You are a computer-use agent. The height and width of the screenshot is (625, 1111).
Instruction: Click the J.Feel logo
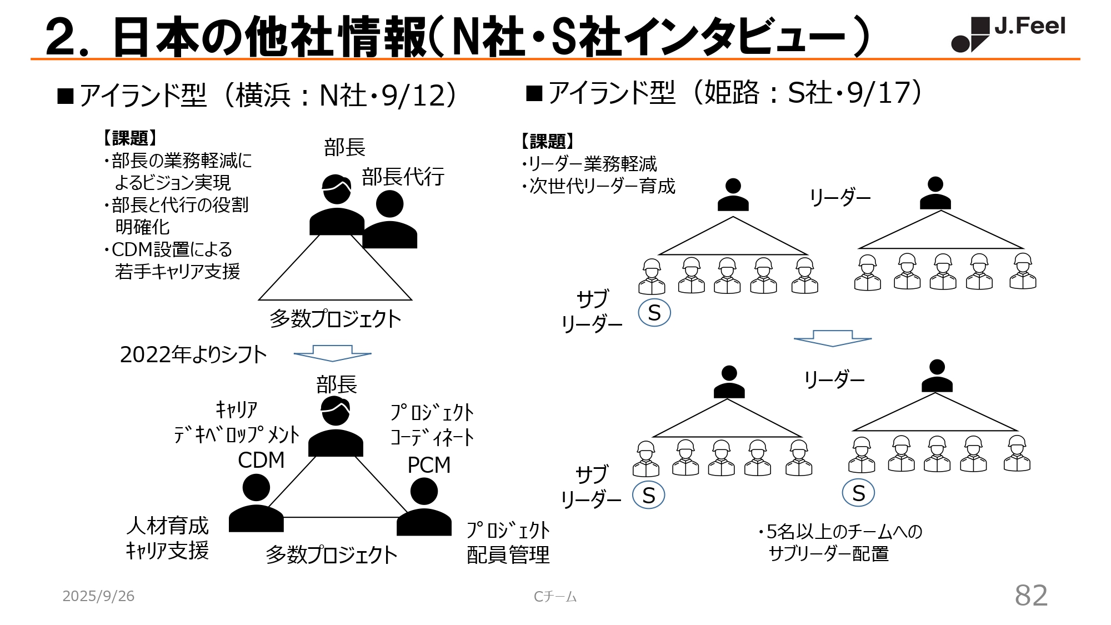point(1008,33)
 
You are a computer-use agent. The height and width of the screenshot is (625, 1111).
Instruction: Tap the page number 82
point(1031,596)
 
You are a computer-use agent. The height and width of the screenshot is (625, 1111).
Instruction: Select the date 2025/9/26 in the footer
point(98,596)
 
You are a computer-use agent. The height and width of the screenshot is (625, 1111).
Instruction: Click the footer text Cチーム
point(555,597)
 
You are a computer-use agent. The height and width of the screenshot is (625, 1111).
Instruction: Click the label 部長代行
point(403,177)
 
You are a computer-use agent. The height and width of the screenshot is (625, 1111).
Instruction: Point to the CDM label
point(261,460)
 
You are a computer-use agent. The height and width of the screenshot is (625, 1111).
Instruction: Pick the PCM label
point(429,465)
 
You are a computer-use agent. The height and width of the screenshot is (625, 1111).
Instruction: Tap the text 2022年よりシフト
point(193,354)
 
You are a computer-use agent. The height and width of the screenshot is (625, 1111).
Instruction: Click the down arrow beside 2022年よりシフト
point(332,353)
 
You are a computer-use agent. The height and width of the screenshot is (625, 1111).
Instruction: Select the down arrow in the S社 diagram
point(832,338)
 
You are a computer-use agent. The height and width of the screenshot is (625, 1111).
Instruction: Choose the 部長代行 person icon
point(389,220)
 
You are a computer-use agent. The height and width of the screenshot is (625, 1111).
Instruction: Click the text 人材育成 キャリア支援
point(167,538)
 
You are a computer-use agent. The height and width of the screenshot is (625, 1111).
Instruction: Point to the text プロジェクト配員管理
point(508,542)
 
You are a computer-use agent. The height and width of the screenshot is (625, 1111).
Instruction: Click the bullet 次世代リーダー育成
point(599,186)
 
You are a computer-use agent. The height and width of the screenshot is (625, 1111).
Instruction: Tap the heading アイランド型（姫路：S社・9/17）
point(725,93)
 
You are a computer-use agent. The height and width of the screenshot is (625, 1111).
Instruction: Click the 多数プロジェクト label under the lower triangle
point(332,554)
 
